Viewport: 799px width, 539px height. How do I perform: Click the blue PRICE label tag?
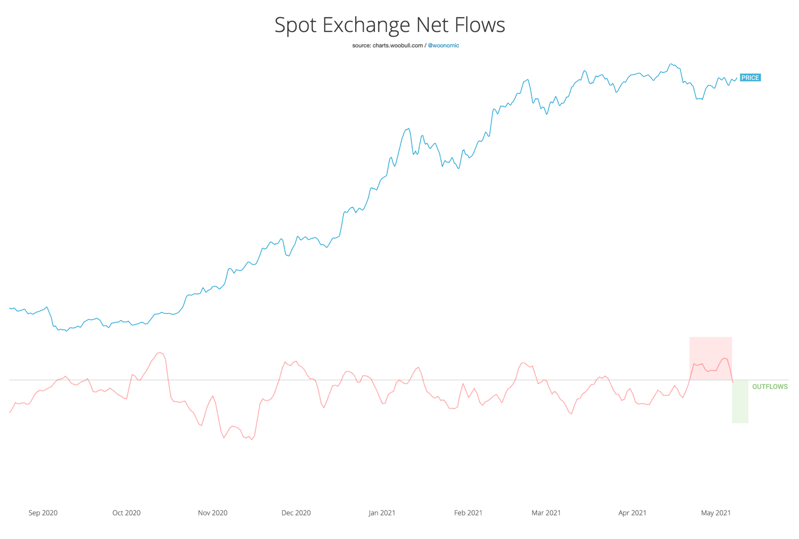tap(750, 78)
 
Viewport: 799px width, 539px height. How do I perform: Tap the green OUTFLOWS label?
tap(770, 387)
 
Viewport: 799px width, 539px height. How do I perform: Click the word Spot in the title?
tap(296, 25)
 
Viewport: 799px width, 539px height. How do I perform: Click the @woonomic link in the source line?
tap(443, 45)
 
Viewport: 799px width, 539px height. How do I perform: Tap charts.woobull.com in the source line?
tap(398, 45)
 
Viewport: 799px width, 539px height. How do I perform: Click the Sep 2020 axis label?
tap(43, 513)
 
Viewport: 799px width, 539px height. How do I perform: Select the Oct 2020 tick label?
tap(126, 513)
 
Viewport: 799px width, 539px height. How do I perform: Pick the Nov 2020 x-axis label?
tap(213, 513)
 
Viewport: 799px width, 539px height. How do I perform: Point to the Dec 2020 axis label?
tap(296, 513)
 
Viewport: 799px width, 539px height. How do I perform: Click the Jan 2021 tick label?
tap(382, 513)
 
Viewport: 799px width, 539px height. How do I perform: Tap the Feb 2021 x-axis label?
tap(468, 513)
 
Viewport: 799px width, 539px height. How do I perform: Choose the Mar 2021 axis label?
tap(546, 513)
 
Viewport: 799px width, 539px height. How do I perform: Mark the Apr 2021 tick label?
tap(632, 513)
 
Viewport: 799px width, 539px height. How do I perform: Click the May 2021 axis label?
tap(716, 513)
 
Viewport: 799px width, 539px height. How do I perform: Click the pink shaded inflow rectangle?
tap(711, 349)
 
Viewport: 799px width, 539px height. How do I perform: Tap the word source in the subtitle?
tap(361, 45)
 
